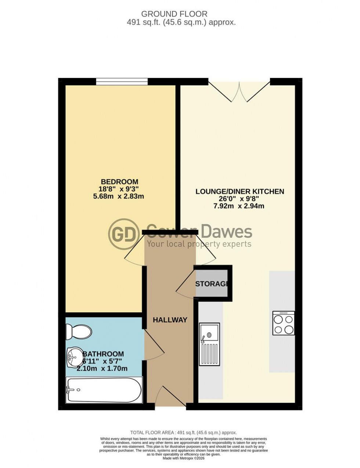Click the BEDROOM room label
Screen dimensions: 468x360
[120, 181]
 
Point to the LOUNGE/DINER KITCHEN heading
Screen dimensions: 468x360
[240, 191]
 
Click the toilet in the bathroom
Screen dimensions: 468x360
[78, 332]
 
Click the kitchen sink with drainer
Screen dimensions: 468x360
[209, 344]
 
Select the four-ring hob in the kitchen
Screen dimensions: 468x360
[283, 323]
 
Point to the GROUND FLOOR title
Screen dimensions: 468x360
[174, 14]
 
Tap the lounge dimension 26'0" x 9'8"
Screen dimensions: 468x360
[240, 199]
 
